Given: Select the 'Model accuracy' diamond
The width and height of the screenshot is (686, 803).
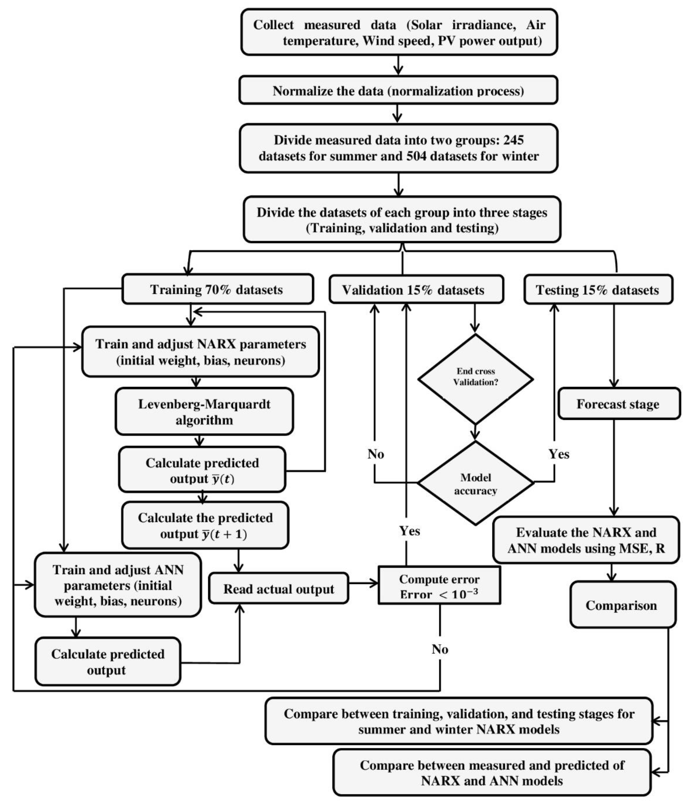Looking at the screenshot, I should (x=475, y=484).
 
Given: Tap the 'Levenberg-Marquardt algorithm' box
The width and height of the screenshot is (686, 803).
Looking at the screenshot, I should (x=204, y=412).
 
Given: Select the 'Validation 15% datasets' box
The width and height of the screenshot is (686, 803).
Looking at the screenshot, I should (x=413, y=290).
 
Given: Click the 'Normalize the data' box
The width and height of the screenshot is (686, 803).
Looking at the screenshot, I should (x=398, y=91).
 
